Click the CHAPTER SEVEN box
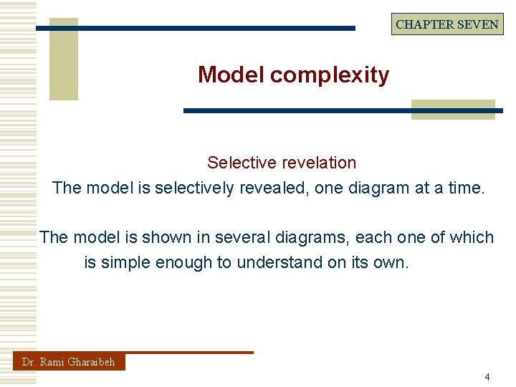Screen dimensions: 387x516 (447, 24)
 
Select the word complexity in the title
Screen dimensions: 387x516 (330, 75)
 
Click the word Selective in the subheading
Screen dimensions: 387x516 (238, 163)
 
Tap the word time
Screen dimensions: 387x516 (466, 188)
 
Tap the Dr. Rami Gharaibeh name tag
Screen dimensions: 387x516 (69, 362)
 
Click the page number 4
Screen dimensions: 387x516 (487, 377)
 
